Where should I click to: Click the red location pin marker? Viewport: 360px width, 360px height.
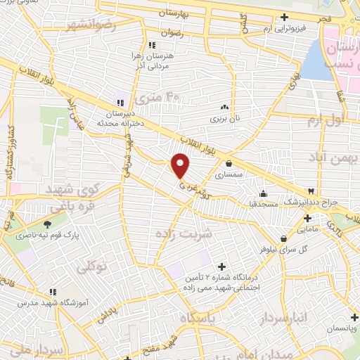click(181, 166)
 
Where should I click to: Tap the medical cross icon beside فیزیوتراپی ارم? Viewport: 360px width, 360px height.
click(284, 18)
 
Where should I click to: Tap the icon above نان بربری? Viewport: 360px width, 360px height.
click(225, 107)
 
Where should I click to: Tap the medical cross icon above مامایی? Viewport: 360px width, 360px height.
click(307, 218)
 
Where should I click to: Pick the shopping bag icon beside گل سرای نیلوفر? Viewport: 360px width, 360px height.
click(283, 238)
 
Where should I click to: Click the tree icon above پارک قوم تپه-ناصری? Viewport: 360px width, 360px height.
click(48, 225)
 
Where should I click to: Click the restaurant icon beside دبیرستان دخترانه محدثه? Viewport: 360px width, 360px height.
click(120, 103)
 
